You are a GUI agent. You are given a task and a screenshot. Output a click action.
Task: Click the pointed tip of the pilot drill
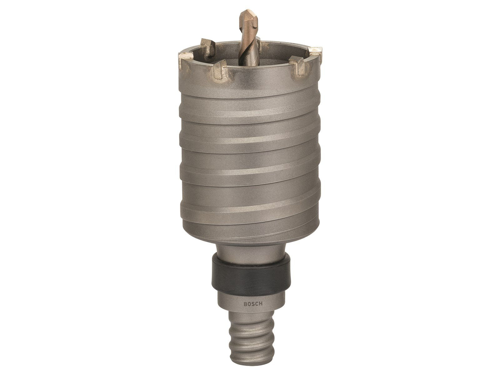[x=246, y=12]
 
